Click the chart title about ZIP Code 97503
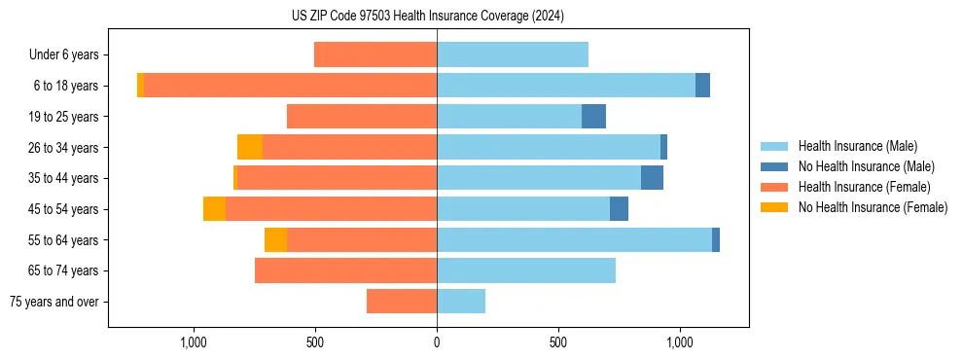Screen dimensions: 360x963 [428, 16]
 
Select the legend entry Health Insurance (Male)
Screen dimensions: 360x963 [857, 146]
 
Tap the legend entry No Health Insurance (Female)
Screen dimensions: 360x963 [873, 207]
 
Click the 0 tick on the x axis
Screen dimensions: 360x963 [437, 342]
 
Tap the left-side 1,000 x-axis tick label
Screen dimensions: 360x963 [194, 342]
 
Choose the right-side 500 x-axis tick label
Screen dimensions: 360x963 [558, 342]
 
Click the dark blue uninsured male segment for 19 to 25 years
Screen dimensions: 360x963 [593, 117]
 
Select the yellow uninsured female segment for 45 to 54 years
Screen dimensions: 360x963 [214, 209]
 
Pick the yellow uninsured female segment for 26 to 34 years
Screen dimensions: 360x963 [250, 147]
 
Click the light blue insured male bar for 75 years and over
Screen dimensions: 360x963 [461, 302]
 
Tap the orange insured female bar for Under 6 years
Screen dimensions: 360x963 [375, 55]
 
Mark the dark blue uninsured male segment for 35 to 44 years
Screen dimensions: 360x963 [652, 178]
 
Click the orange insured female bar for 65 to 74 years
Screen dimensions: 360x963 [345, 270]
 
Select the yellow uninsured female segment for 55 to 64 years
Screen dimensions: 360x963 [275, 240]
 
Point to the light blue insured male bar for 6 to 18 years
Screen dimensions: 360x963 [566, 86]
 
